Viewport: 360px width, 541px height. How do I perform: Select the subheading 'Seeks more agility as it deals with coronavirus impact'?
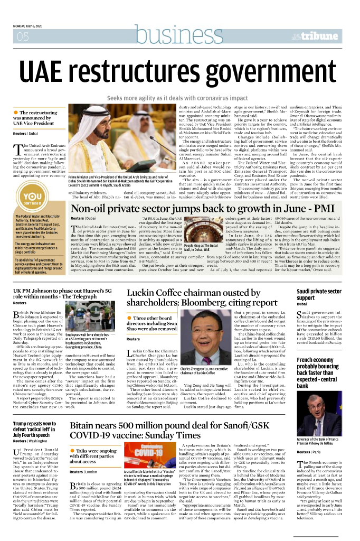click(x=177, y=98)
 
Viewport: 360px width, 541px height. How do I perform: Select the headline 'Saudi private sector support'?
click(x=320, y=295)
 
